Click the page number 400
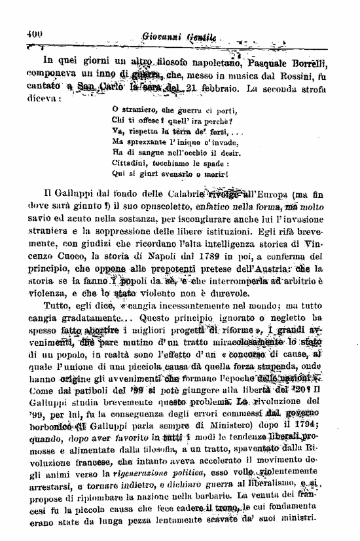(x=34, y=36)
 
